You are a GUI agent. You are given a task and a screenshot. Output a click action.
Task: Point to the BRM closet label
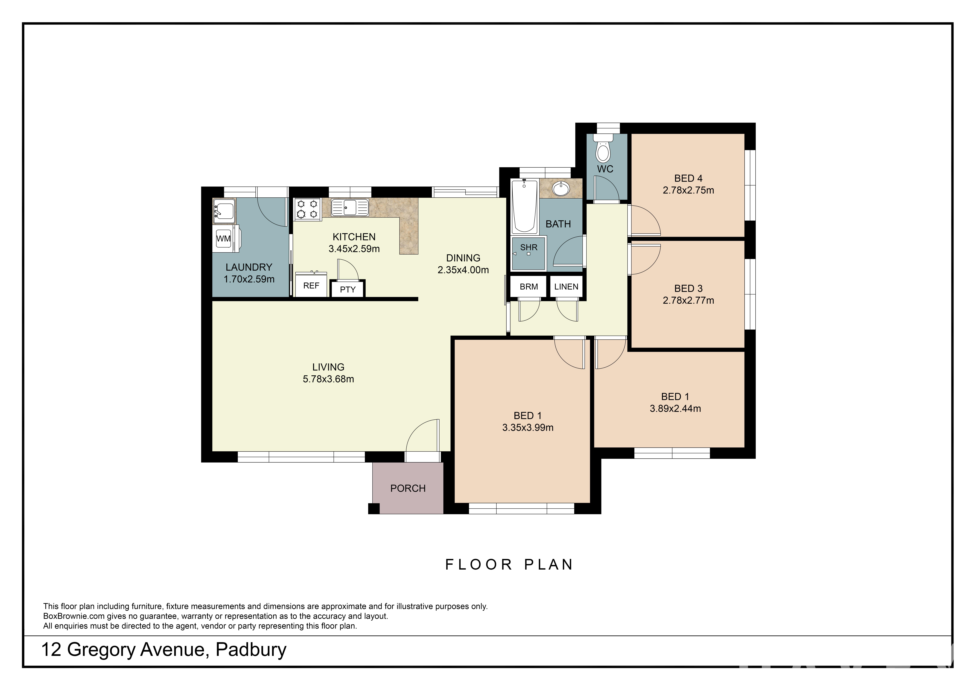[x=529, y=287]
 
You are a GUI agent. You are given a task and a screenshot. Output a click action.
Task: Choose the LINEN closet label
[x=566, y=287]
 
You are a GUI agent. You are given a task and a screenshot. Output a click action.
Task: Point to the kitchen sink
[x=350, y=207]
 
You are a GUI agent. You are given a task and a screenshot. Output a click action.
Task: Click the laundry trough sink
[x=224, y=211]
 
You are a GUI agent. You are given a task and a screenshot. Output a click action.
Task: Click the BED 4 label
[x=688, y=178]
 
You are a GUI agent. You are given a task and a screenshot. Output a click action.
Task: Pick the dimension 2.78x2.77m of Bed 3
[x=688, y=300]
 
